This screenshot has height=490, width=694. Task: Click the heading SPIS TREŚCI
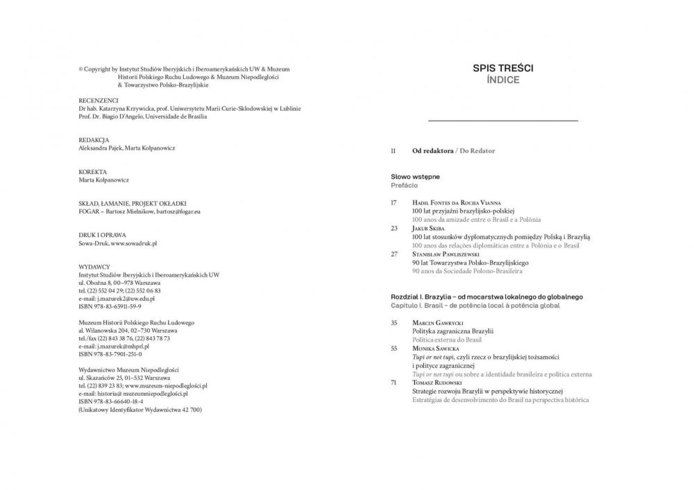(x=503, y=68)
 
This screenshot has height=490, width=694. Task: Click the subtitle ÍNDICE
(x=503, y=80)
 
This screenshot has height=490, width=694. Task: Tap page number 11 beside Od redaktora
(x=393, y=150)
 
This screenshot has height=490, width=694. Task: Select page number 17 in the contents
(x=393, y=202)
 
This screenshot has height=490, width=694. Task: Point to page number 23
(x=393, y=228)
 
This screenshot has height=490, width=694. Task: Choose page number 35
(x=393, y=323)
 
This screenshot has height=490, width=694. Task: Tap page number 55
(x=393, y=349)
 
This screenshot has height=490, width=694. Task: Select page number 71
(x=393, y=383)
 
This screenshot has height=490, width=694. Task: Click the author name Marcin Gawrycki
(x=437, y=323)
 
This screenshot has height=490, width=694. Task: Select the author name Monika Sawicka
(x=436, y=349)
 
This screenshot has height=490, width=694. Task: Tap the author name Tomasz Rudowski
(x=439, y=383)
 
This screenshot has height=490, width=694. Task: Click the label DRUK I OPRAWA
(x=102, y=235)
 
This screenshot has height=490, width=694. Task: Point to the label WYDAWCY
(x=94, y=267)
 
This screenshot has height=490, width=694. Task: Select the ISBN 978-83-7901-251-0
(x=110, y=353)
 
